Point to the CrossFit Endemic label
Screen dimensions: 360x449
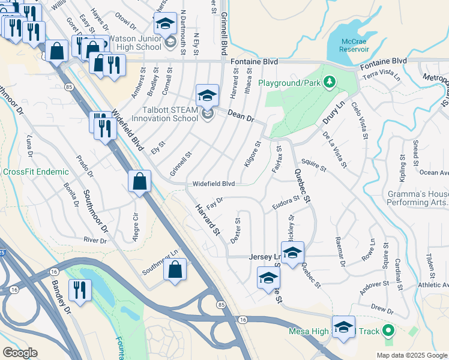coord(36,172)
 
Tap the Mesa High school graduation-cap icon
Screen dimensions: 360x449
coord(343,328)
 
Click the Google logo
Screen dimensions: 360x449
coord(20,353)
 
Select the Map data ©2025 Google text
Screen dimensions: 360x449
coord(411,355)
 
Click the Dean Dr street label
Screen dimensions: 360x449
coord(242,114)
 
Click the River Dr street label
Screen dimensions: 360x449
coord(95,241)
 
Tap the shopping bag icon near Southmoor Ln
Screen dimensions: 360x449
coord(174,269)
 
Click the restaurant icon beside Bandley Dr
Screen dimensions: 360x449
coord(79,290)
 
